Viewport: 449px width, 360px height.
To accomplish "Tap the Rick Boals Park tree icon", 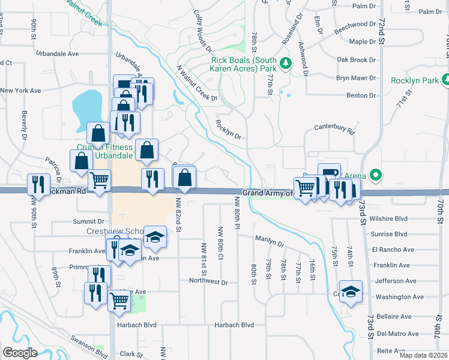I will coord(286,62).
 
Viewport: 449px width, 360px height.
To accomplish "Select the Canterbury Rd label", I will coord(335,128).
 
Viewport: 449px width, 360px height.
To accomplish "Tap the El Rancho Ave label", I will coord(393,250).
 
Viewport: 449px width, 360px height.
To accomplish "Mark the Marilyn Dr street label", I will coord(269,242).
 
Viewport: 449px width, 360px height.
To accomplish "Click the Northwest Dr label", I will coord(208,281).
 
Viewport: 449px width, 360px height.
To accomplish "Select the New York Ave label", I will coord(20,91).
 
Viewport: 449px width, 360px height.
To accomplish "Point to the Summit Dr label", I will coord(85,222).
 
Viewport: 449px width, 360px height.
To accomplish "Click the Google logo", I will coord(20,352).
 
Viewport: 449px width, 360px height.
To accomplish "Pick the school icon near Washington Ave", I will coord(351,292).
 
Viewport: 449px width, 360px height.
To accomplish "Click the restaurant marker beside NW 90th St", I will coord(40,184).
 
